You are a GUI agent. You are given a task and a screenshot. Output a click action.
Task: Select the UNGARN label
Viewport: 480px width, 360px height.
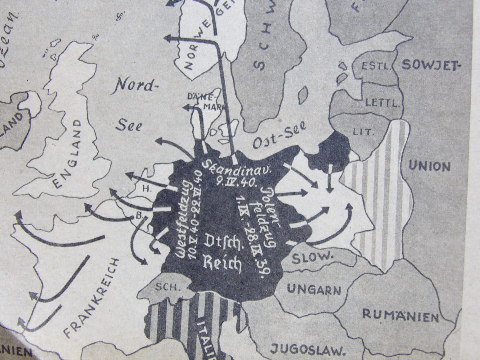pyautogui.click(x=314, y=290)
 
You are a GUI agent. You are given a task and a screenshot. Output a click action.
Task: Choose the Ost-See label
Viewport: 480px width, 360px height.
pyautogui.click(x=279, y=140)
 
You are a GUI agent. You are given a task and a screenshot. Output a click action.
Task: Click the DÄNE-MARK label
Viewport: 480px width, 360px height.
pyautogui.click(x=207, y=101)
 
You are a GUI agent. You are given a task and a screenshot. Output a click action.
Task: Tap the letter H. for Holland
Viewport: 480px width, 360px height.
pyautogui.click(x=145, y=188)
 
